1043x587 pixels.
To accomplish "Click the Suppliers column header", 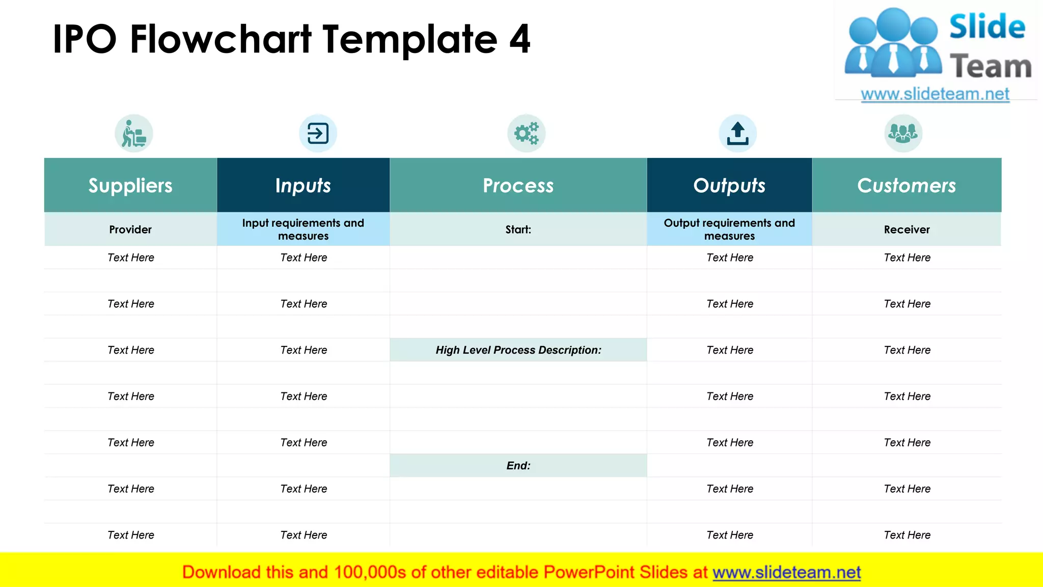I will pyautogui.click(x=130, y=185).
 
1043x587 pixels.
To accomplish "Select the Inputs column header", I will pyautogui.click(x=303, y=185).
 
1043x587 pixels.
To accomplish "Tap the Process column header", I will pyautogui.click(x=518, y=185).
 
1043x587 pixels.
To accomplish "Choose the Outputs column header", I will pyautogui.click(x=729, y=185).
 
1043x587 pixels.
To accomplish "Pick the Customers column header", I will pyautogui.click(x=907, y=185).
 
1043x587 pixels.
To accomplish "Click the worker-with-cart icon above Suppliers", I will pyautogui.click(x=134, y=134).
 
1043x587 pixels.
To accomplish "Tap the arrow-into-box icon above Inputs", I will pyautogui.click(x=318, y=134).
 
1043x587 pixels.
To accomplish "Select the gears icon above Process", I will pyautogui.click(x=526, y=134).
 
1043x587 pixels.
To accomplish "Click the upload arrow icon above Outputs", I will pyautogui.click(x=737, y=134).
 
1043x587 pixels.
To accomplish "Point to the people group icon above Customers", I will pyautogui.click(x=903, y=134).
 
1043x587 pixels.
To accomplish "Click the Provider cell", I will pyautogui.click(x=130, y=229).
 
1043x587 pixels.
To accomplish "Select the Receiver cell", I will pyautogui.click(x=907, y=229).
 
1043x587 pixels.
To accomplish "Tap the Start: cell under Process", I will pyautogui.click(x=518, y=229).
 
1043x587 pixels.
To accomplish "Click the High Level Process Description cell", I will pyautogui.click(x=518, y=350).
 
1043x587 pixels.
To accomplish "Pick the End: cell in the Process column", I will pyautogui.click(x=518, y=465).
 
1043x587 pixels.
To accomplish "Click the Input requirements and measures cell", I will pyautogui.click(x=303, y=229).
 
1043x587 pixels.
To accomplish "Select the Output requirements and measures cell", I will pyautogui.click(x=729, y=229).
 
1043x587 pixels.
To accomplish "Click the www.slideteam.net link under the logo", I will pyautogui.click(x=935, y=94).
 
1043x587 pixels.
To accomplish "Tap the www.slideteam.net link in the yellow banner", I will pyautogui.click(x=786, y=572).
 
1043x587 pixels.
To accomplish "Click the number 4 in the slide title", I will pyautogui.click(x=520, y=39).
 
